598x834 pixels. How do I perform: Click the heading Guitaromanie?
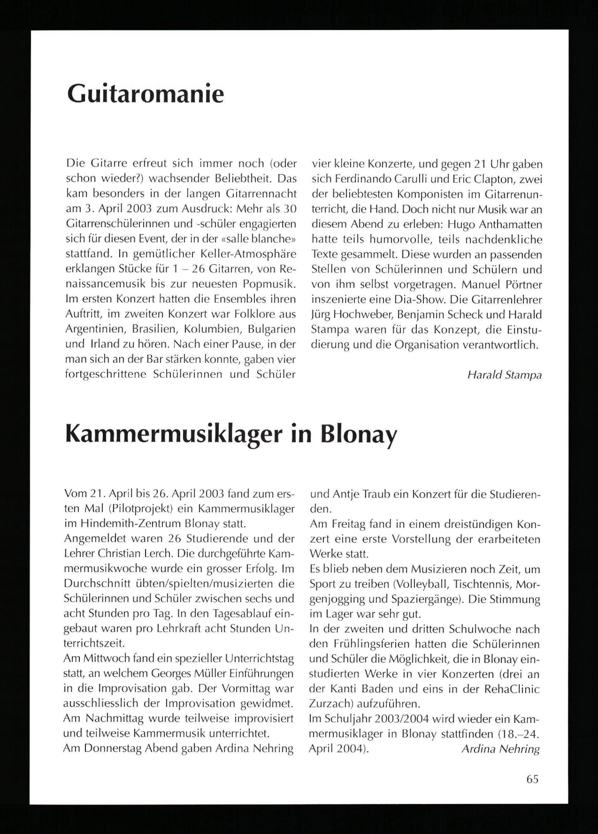point(145,94)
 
